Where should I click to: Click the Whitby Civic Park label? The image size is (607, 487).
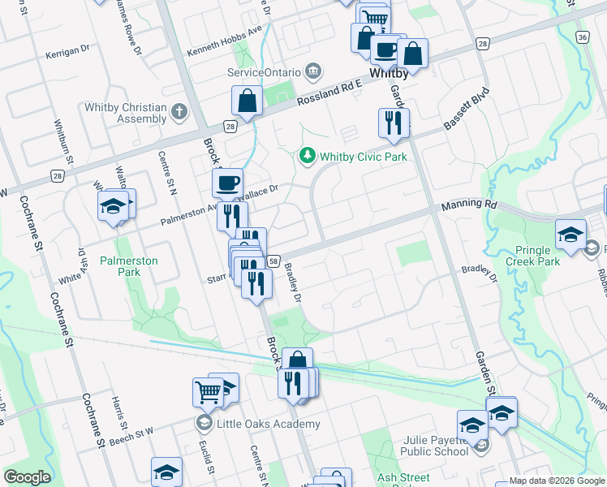click(x=363, y=155)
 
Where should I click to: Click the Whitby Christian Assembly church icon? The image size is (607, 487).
click(x=179, y=112)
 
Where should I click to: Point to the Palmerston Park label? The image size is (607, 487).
click(x=128, y=266)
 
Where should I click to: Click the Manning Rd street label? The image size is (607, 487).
click(x=468, y=206)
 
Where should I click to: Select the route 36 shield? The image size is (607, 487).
click(x=583, y=37)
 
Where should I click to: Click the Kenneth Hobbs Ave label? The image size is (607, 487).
click(x=225, y=50)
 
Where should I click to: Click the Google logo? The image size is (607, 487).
click(x=27, y=477)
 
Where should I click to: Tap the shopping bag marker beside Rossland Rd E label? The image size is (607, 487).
click(x=247, y=101)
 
